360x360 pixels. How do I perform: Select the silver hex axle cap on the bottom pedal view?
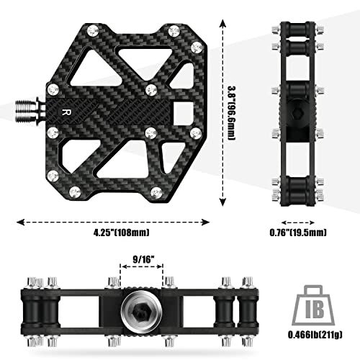click(x=140, y=306)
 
